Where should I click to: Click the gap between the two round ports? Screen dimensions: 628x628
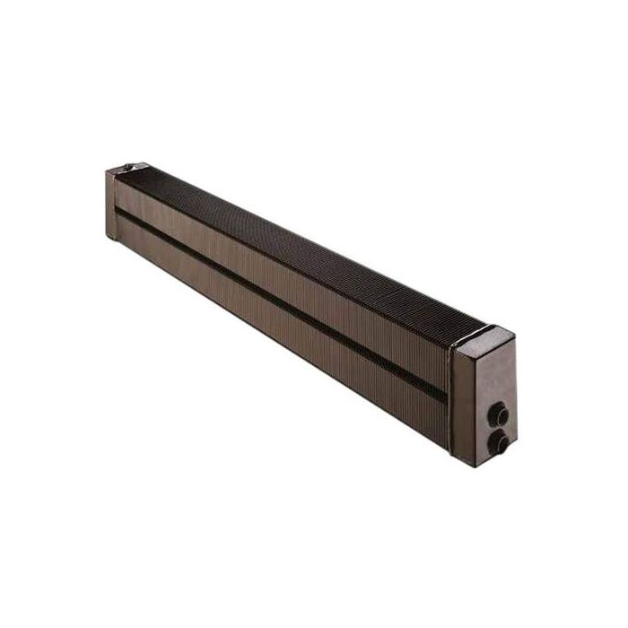(x=499, y=428)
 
